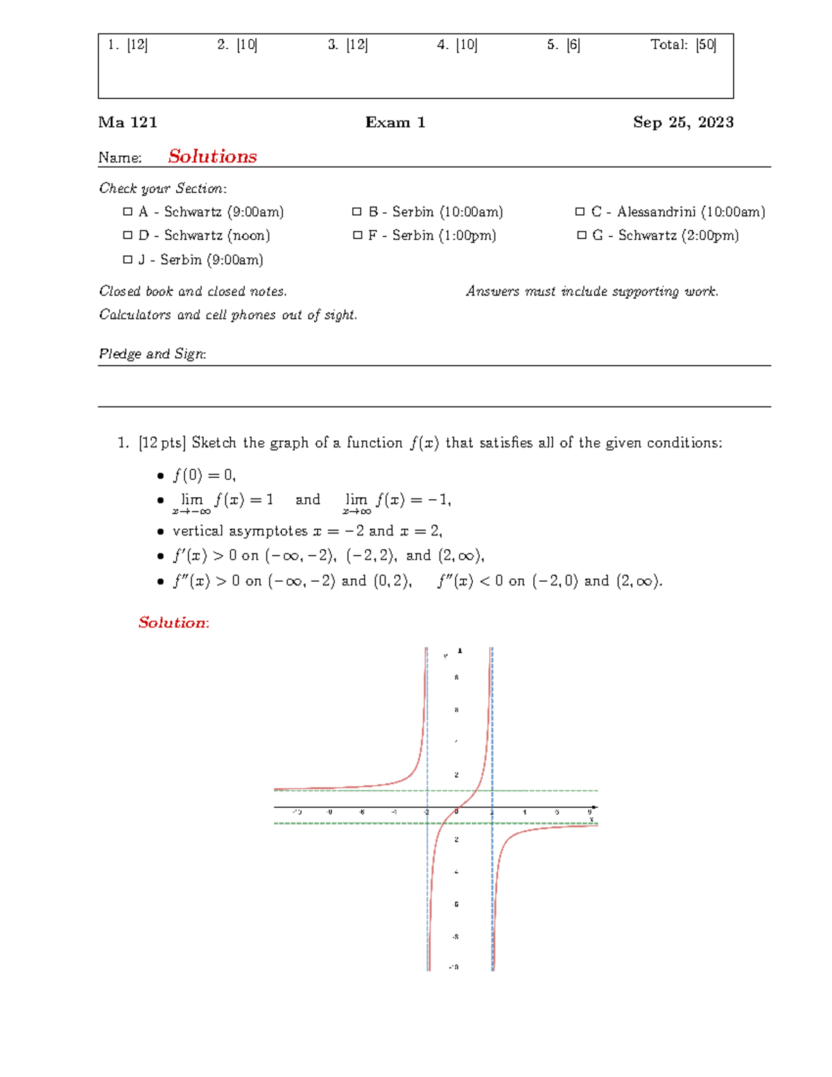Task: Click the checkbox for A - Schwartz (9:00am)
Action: (127, 212)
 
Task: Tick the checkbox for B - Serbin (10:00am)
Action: (356, 212)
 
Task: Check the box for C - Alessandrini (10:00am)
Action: (580, 212)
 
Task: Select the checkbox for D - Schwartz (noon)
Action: (127, 236)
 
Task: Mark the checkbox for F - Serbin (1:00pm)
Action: (357, 236)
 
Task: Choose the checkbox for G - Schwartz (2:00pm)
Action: (582, 236)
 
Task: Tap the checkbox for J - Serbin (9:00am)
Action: (127, 260)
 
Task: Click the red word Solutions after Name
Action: (212, 157)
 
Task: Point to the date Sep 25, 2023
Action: (683, 123)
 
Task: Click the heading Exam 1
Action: (395, 123)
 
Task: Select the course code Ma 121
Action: (128, 123)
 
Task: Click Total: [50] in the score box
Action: (683, 45)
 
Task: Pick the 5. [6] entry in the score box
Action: (563, 45)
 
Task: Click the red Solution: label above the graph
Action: (173, 623)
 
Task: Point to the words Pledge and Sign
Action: (153, 354)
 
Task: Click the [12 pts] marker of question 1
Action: (162, 443)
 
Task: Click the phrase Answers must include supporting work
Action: (592, 291)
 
